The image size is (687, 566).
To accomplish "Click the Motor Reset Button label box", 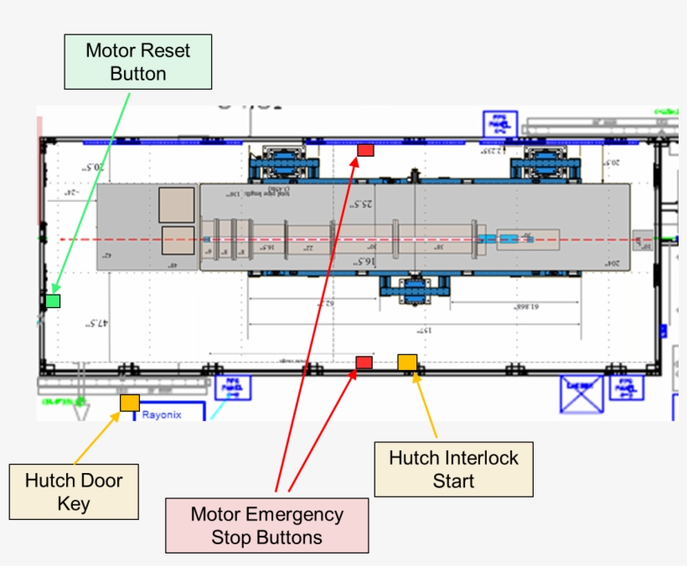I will (x=138, y=62).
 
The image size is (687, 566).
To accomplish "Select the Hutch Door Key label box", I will (x=74, y=491).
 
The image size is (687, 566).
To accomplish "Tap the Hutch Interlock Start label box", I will (x=453, y=469).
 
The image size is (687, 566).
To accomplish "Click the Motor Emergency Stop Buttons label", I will (x=266, y=525).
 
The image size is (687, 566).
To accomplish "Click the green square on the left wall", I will (x=53, y=301).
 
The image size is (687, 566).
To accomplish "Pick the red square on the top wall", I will (x=365, y=150).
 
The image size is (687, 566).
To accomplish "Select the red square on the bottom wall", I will (x=364, y=362).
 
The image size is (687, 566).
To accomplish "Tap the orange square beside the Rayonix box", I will (x=129, y=403).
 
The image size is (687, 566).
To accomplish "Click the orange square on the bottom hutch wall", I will (x=407, y=362).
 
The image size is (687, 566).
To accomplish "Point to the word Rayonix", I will (x=162, y=414).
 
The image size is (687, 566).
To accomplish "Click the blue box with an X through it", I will (x=581, y=394).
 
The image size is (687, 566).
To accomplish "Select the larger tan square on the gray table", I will (x=176, y=205).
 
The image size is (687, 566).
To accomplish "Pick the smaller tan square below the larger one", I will (x=177, y=240).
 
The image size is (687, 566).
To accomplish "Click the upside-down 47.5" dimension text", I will (x=100, y=322).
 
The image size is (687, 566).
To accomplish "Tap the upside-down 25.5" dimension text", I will (x=361, y=204).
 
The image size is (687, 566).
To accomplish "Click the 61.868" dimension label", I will (x=524, y=307).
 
